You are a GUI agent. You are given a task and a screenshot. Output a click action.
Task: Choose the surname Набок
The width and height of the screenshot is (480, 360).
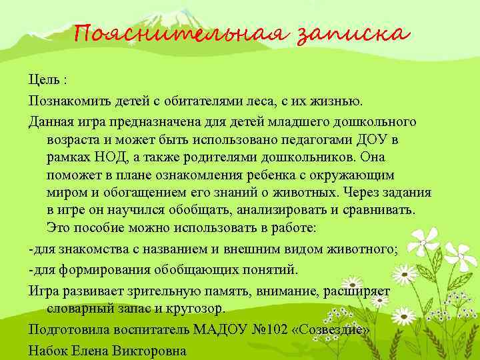click(49, 350)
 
